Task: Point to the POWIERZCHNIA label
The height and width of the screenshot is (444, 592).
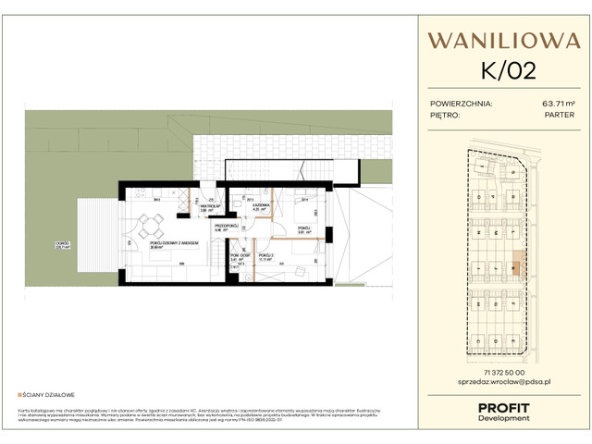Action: [462, 104]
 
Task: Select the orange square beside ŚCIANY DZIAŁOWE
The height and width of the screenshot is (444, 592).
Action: [19, 393]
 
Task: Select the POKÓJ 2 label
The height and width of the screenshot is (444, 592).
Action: [265, 256]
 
